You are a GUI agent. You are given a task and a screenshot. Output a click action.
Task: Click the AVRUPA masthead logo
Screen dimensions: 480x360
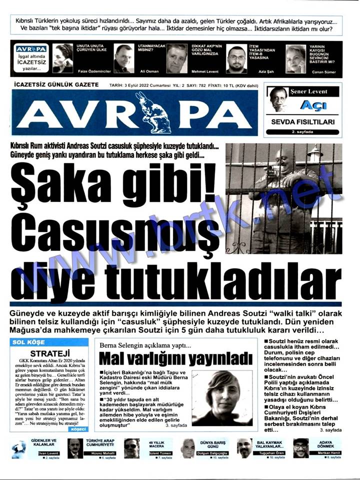click(x=135, y=113)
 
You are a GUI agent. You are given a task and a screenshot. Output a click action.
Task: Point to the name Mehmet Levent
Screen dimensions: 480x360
click(x=205, y=71)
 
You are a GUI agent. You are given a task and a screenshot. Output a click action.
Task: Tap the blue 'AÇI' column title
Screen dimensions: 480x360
click(x=313, y=105)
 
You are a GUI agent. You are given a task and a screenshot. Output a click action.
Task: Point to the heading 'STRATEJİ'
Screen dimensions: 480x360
click(x=49, y=351)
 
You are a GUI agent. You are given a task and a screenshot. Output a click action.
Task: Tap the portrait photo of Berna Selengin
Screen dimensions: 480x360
click(x=221, y=397)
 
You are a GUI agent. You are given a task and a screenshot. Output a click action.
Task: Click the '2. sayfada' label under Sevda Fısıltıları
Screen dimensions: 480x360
click(x=302, y=131)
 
